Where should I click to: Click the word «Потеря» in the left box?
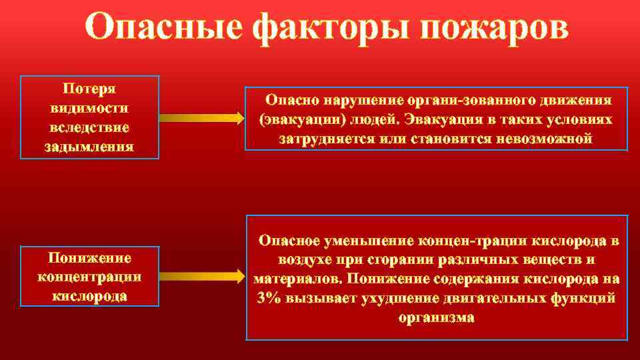click(89, 89)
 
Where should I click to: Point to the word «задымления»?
click(89, 146)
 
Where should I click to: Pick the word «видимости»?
click(89, 108)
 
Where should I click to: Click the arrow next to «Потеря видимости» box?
click(203, 118)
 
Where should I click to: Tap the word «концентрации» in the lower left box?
click(89, 277)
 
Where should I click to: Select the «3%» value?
click(268, 297)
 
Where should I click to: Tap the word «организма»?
click(437, 317)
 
